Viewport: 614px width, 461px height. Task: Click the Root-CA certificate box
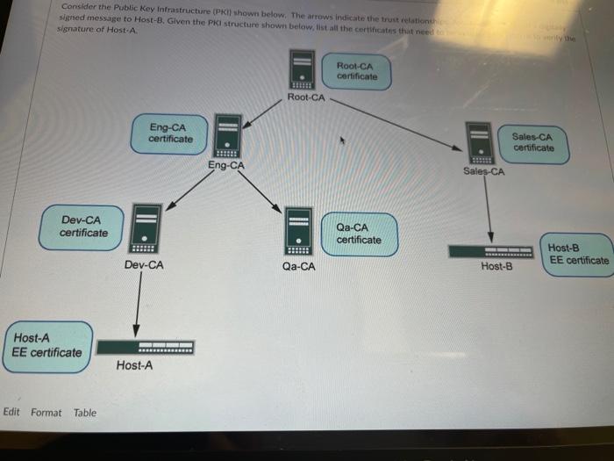point(355,71)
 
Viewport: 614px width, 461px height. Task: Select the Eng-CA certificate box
point(172,133)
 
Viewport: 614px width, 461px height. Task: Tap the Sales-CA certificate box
point(533,142)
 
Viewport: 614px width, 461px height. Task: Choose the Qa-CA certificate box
point(359,234)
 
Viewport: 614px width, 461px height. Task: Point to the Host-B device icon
point(491,251)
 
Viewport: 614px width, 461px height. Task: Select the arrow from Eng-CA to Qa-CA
point(260,191)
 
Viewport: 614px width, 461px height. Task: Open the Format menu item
point(46,413)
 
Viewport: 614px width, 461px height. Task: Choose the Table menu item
point(85,413)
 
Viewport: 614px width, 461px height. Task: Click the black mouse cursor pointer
point(344,139)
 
